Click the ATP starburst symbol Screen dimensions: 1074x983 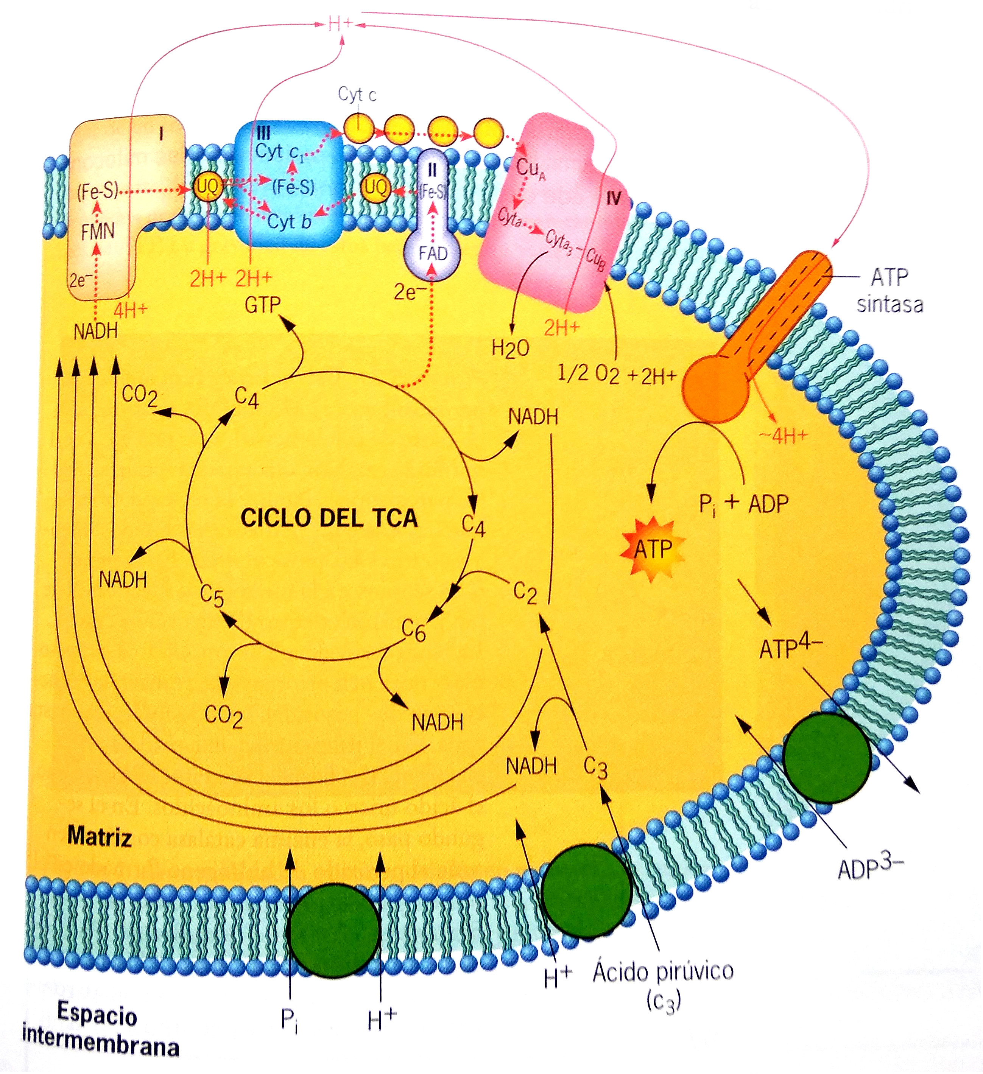652,549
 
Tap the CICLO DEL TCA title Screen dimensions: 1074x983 329,518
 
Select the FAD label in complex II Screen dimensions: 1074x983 432,254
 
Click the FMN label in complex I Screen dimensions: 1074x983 98,232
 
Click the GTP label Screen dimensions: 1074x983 262,305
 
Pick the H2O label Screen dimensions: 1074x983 510,349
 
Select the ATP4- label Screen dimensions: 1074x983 790,647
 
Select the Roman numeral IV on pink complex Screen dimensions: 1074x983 613,199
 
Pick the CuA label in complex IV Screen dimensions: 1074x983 531,170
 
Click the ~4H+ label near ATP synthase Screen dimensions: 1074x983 783,436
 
